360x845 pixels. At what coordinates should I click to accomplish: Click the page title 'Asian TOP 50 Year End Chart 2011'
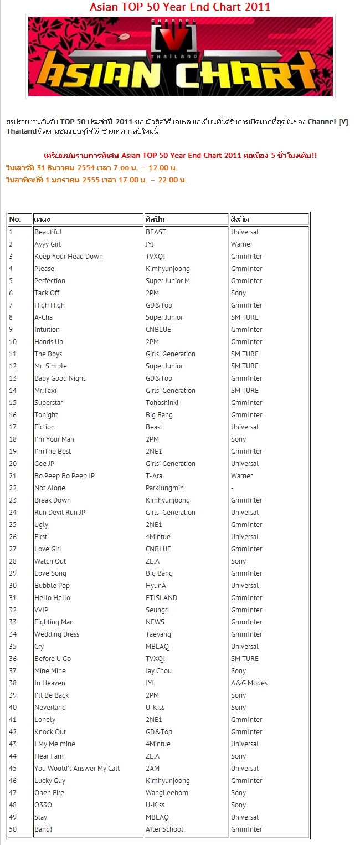(180, 7)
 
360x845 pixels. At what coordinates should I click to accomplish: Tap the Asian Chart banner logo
(181, 57)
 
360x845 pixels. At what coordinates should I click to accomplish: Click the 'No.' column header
(15, 219)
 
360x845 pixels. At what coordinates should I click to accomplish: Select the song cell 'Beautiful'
(48, 232)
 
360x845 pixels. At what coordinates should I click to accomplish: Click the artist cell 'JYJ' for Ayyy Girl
(150, 244)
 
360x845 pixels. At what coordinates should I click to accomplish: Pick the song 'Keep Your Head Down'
(69, 257)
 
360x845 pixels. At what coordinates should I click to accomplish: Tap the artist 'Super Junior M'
(168, 281)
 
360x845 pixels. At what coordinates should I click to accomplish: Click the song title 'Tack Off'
(47, 293)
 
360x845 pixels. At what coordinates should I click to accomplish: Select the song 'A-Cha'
(44, 317)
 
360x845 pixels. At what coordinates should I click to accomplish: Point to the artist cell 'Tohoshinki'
(162, 403)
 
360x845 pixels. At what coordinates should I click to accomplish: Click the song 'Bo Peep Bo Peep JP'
(65, 476)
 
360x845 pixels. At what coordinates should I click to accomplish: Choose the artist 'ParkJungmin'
(164, 488)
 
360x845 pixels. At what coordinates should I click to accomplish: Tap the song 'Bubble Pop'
(52, 586)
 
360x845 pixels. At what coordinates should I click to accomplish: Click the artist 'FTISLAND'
(161, 598)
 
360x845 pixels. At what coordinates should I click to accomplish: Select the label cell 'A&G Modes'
(249, 683)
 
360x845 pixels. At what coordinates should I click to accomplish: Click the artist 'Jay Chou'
(160, 671)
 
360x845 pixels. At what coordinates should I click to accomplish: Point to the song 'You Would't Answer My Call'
(77, 769)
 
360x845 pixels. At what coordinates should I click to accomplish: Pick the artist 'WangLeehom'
(167, 793)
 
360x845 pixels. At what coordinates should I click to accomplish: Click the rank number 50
(13, 829)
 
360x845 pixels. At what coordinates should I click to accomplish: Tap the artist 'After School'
(164, 829)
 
